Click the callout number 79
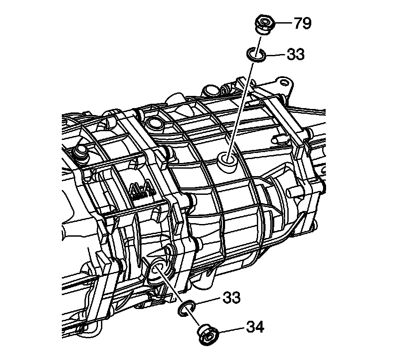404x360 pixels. click(302, 23)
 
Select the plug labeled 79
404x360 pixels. click(263, 24)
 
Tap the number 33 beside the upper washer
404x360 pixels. click(295, 55)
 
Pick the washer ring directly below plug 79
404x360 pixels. click(256, 55)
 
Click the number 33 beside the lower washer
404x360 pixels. click(232, 298)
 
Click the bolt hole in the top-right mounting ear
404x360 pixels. click(283, 82)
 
